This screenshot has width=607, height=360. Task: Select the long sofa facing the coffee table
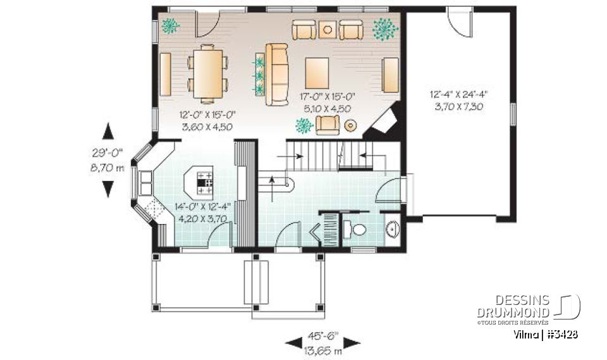[277, 74]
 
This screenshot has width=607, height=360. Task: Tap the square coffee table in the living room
[318, 73]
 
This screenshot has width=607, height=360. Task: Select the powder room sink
[392, 228]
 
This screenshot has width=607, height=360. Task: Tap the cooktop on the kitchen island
[205, 182]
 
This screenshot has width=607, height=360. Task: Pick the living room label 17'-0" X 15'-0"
[327, 102]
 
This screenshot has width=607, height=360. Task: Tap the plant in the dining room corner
[169, 26]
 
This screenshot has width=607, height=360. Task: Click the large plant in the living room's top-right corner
[384, 28]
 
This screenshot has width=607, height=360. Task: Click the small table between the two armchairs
[327, 29]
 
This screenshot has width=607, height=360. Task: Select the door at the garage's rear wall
[458, 19]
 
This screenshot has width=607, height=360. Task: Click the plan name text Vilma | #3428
[545, 334]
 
